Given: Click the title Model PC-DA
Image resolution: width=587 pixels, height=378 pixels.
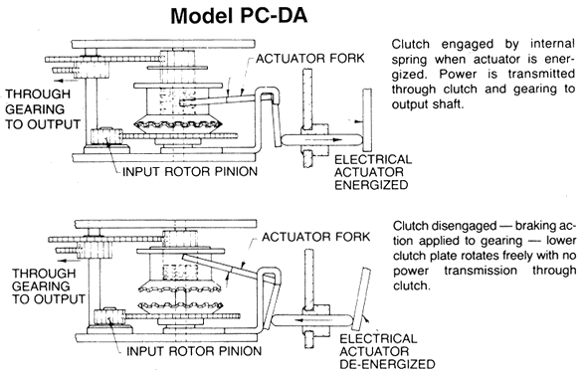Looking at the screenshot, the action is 239,16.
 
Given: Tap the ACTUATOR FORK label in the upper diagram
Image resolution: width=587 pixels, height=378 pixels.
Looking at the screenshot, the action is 310,59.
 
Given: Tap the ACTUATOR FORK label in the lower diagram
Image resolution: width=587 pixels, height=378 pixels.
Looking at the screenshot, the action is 315,237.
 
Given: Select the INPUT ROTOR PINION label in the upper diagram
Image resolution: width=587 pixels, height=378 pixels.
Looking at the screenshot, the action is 190,172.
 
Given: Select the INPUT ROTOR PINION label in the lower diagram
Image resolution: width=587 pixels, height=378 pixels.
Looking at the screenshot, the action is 194,351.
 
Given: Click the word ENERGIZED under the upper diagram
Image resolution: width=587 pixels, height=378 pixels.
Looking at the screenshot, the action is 371,185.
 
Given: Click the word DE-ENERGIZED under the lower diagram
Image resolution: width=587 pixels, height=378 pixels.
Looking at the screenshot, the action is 387,364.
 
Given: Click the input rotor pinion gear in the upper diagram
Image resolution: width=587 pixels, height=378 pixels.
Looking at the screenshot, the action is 106,137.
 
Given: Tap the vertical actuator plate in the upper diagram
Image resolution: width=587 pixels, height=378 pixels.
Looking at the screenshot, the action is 367,119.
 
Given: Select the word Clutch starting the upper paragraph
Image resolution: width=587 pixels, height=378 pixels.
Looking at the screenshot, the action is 410,44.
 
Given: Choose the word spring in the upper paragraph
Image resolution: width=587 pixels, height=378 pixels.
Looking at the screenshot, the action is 409,60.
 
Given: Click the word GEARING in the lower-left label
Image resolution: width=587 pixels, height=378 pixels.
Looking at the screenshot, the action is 41,286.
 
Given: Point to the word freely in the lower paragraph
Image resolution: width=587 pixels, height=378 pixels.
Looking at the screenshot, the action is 477,256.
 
